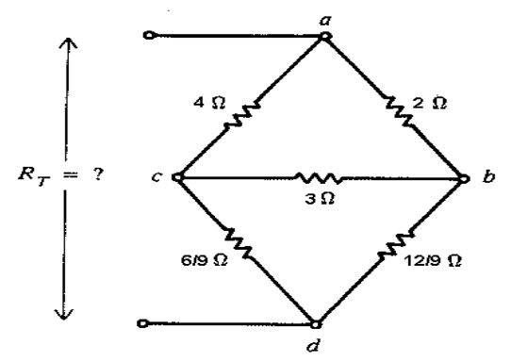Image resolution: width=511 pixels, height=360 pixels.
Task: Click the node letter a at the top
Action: (x=325, y=21)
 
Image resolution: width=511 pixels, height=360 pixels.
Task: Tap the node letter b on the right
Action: (x=488, y=176)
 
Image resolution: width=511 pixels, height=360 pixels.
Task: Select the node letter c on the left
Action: (x=157, y=177)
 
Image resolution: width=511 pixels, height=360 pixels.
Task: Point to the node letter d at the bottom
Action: (x=314, y=345)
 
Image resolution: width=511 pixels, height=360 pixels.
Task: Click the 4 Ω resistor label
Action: (x=209, y=103)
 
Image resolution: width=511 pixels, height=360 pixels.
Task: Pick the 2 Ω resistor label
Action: (x=430, y=104)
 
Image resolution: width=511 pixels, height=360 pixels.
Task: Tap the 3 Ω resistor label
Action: (x=320, y=198)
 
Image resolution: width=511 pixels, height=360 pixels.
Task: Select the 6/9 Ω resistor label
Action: (x=205, y=260)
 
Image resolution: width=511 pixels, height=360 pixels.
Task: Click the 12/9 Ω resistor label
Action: (x=433, y=261)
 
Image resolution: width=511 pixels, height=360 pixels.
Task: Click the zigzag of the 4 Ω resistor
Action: (x=241, y=115)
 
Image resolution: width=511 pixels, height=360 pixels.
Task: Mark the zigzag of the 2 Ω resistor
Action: (x=398, y=111)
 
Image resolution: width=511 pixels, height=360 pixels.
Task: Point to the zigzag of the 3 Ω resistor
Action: (x=318, y=178)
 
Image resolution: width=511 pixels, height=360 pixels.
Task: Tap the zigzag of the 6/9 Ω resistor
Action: (x=239, y=243)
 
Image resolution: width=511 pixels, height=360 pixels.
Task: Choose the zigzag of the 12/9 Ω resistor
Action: (x=396, y=244)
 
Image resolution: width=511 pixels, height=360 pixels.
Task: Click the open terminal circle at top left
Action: (x=149, y=35)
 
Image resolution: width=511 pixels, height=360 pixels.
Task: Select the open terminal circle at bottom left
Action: (x=142, y=323)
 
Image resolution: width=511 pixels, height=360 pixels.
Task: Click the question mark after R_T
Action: (x=97, y=175)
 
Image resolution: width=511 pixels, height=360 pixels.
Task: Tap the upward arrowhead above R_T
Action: (x=68, y=43)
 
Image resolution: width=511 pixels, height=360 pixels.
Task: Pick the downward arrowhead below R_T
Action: (x=64, y=314)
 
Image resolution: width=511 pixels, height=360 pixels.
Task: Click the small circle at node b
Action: (x=464, y=178)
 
